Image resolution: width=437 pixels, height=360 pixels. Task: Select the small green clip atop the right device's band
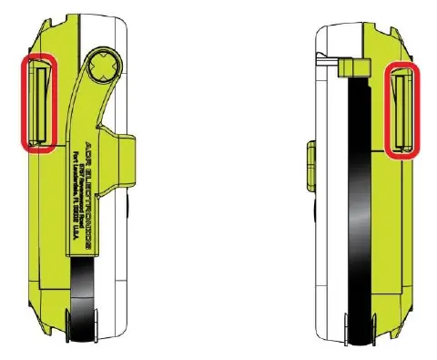pos(350,67)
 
